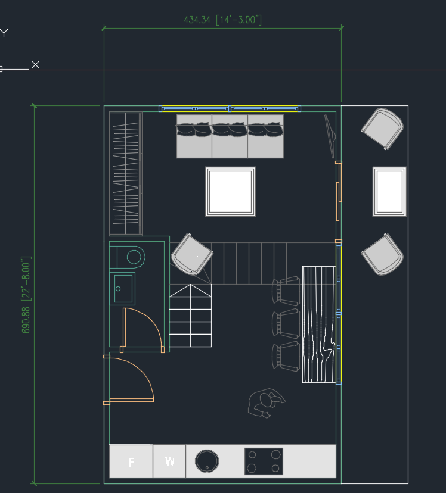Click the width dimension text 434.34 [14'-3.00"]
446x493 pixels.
tap(222, 20)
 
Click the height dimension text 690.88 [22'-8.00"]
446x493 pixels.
tap(26, 295)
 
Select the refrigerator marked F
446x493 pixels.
tap(131, 461)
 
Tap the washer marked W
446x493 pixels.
tap(169, 461)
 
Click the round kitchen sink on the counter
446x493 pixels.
tap(207, 461)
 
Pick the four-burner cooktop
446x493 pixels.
tap(264, 461)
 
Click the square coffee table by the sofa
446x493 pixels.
tap(231, 191)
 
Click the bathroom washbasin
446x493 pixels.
tap(122, 289)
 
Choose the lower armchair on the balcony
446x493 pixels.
tap(383, 254)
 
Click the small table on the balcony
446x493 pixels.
tap(391, 191)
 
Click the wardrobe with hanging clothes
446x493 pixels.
tap(125, 173)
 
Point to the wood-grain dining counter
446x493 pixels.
tap(319, 324)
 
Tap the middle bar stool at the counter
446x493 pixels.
tap(286, 323)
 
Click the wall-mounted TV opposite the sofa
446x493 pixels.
tap(330, 136)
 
